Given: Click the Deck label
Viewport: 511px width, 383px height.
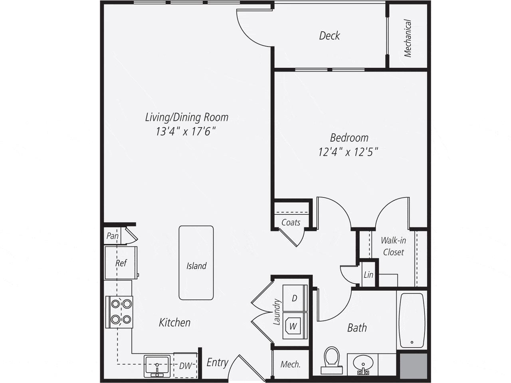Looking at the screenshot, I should click(329, 36).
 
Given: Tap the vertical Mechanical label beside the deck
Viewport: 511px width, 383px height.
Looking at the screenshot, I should click(408, 38).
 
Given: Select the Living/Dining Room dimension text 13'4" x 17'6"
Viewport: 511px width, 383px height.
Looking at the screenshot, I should click(186, 131).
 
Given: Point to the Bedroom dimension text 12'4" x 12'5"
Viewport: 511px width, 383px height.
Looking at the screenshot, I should click(348, 152).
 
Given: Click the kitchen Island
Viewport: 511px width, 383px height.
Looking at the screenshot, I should click(196, 263).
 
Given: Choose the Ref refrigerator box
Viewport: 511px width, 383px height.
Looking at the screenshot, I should click(121, 263).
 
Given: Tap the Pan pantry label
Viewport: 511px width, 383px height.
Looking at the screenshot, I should click(113, 236).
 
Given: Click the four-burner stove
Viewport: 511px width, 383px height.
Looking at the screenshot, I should click(119, 312).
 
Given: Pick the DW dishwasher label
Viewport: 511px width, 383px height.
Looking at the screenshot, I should click(185, 365).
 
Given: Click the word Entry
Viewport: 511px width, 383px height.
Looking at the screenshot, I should click(217, 362).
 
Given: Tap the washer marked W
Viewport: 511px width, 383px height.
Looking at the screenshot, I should click(293, 326).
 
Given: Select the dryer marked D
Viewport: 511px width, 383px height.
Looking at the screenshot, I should click(294, 298).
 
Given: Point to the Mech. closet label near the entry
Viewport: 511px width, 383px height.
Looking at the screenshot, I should click(290, 364).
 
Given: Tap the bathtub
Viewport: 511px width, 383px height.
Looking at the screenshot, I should click(412, 320).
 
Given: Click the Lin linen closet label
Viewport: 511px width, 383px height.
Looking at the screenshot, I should click(368, 274).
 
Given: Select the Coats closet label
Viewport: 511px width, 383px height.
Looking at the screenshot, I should click(291, 222).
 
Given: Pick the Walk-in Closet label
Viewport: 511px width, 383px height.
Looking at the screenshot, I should click(393, 246).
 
